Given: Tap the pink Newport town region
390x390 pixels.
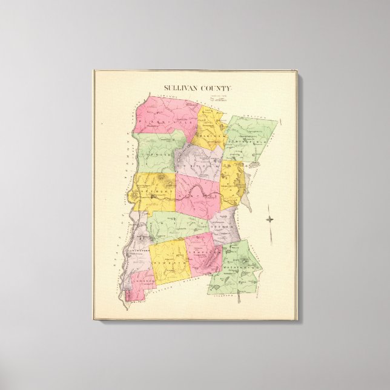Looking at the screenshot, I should click(197, 197).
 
